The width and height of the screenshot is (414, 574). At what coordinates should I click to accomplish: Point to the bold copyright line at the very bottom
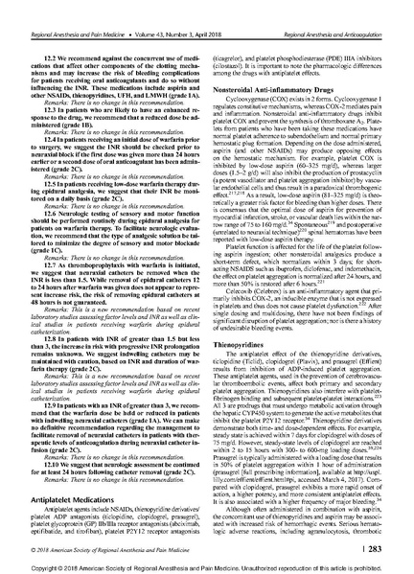tap(206, 562)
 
